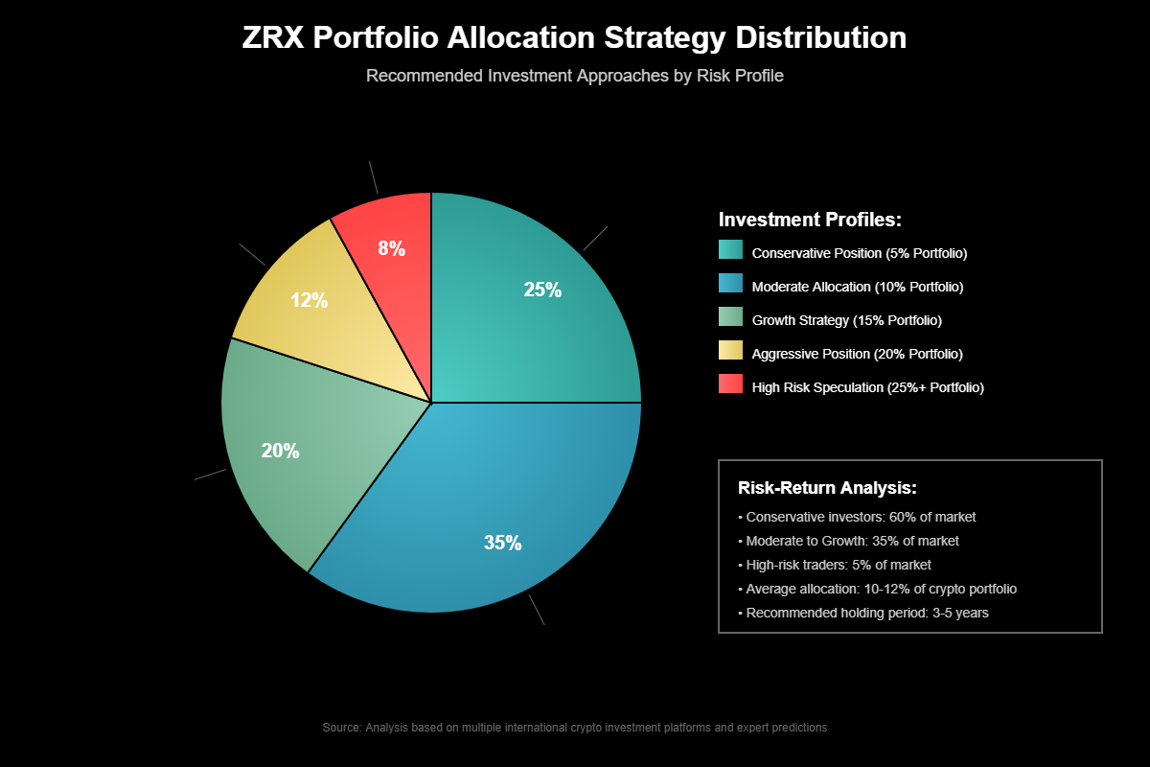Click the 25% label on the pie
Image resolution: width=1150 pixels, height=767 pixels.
click(x=542, y=290)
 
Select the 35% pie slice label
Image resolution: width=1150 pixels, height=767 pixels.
click(x=502, y=543)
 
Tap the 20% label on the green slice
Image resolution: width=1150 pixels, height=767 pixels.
click(x=280, y=451)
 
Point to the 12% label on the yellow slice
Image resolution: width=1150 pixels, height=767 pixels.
click(x=309, y=300)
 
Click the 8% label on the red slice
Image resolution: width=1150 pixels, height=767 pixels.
click(x=391, y=249)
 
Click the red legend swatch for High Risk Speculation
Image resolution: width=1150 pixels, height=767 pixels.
click(x=730, y=383)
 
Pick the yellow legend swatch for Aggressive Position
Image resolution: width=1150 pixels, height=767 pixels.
click(x=730, y=350)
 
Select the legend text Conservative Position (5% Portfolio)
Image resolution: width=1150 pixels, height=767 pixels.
click(x=860, y=253)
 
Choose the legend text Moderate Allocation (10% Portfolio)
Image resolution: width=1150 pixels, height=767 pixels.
click(x=858, y=287)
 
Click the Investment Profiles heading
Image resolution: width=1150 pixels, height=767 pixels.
click(x=810, y=220)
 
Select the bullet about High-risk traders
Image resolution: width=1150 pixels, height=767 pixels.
click(x=834, y=565)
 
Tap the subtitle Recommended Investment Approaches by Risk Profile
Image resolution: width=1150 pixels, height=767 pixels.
click(x=575, y=76)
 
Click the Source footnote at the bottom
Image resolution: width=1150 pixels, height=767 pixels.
click(x=575, y=728)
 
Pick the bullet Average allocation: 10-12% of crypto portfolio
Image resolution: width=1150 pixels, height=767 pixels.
click(x=884, y=589)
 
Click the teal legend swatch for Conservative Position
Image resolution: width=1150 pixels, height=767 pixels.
click(x=730, y=249)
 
